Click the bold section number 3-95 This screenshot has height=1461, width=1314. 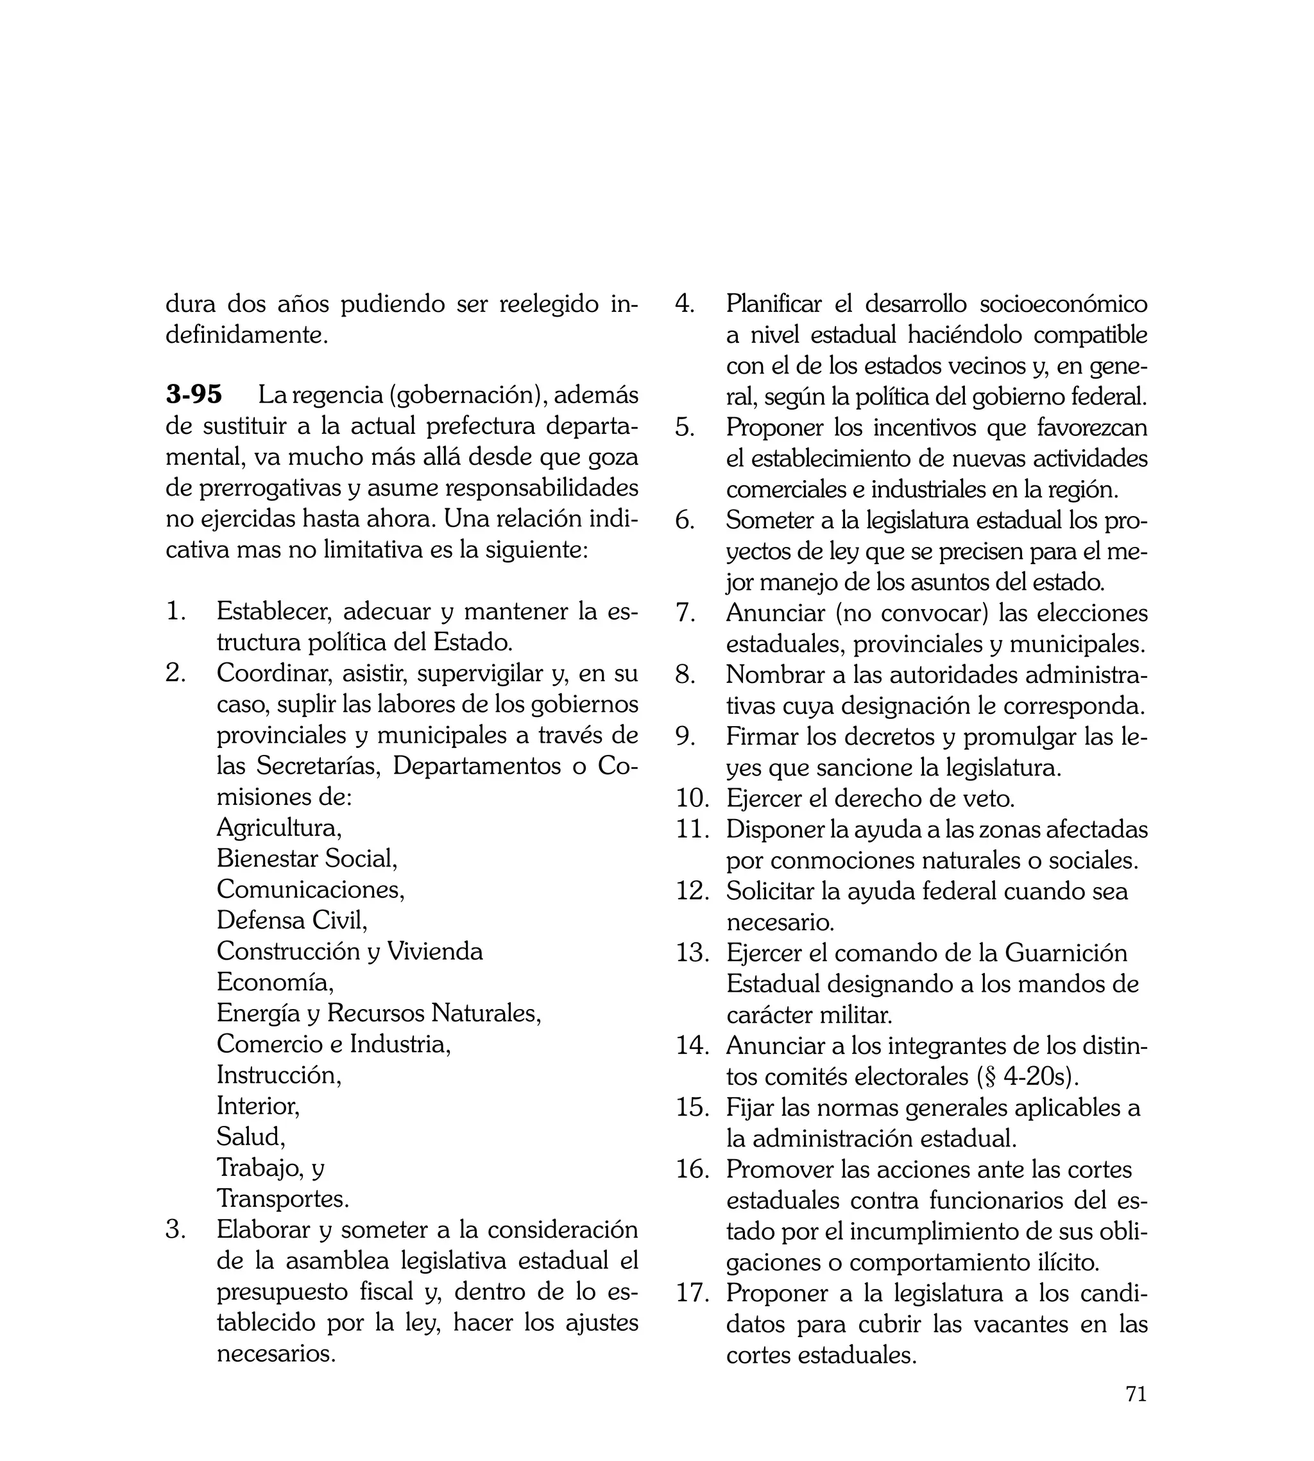tap(194, 395)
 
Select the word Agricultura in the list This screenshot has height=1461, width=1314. tap(278, 827)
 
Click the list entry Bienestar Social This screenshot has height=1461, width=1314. tap(307, 858)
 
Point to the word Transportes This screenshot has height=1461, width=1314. tap(282, 1199)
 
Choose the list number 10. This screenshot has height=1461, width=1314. tap(693, 799)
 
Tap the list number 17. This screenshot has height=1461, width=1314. tap(693, 1293)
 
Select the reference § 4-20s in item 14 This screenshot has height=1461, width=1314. tap(1031, 1076)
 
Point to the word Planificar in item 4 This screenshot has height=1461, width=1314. tap(773, 304)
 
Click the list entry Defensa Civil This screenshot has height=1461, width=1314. tap(292, 920)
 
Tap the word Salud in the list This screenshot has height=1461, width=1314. tap(250, 1137)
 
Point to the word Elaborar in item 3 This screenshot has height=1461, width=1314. tap(264, 1230)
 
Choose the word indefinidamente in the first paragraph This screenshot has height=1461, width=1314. tap(246, 335)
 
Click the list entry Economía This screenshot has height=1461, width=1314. tap(275, 982)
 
